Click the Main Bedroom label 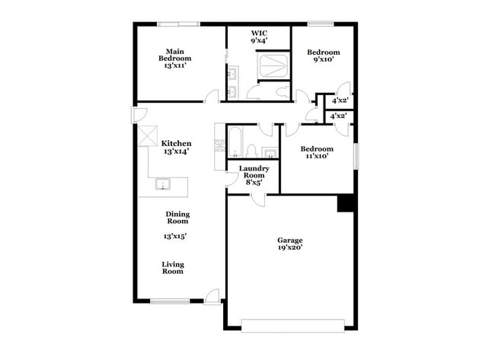(x=174, y=59)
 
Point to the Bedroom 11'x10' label (x=316, y=153)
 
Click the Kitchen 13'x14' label (x=176, y=148)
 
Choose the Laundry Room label (x=254, y=175)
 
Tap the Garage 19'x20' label (x=289, y=244)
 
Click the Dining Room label (x=177, y=218)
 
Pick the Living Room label (x=173, y=268)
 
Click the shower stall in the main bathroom (x=273, y=65)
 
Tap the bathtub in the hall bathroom (x=235, y=142)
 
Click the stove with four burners (x=219, y=143)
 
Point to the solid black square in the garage (x=346, y=203)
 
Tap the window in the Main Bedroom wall (x=179, y=24)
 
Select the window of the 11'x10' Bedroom (x=354, y=155)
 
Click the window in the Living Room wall (x=168, y=301)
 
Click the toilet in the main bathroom (x=283, y=92)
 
